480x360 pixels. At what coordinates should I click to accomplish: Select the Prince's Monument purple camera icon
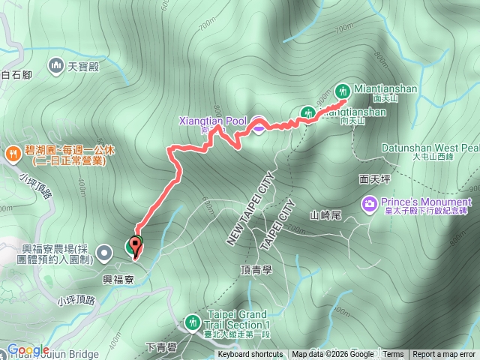[370, 202]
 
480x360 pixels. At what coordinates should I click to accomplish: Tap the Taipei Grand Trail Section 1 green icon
[193, 322]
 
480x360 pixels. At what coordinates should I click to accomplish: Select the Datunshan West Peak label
[428, 148]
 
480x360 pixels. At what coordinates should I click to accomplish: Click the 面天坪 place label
[375, 179]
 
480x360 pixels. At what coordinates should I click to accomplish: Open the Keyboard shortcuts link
[250, 355]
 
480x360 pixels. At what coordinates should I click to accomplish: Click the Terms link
[392, 355]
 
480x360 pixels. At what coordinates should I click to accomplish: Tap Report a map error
[445, 355]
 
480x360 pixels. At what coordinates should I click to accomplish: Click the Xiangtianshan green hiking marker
[307, 113]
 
